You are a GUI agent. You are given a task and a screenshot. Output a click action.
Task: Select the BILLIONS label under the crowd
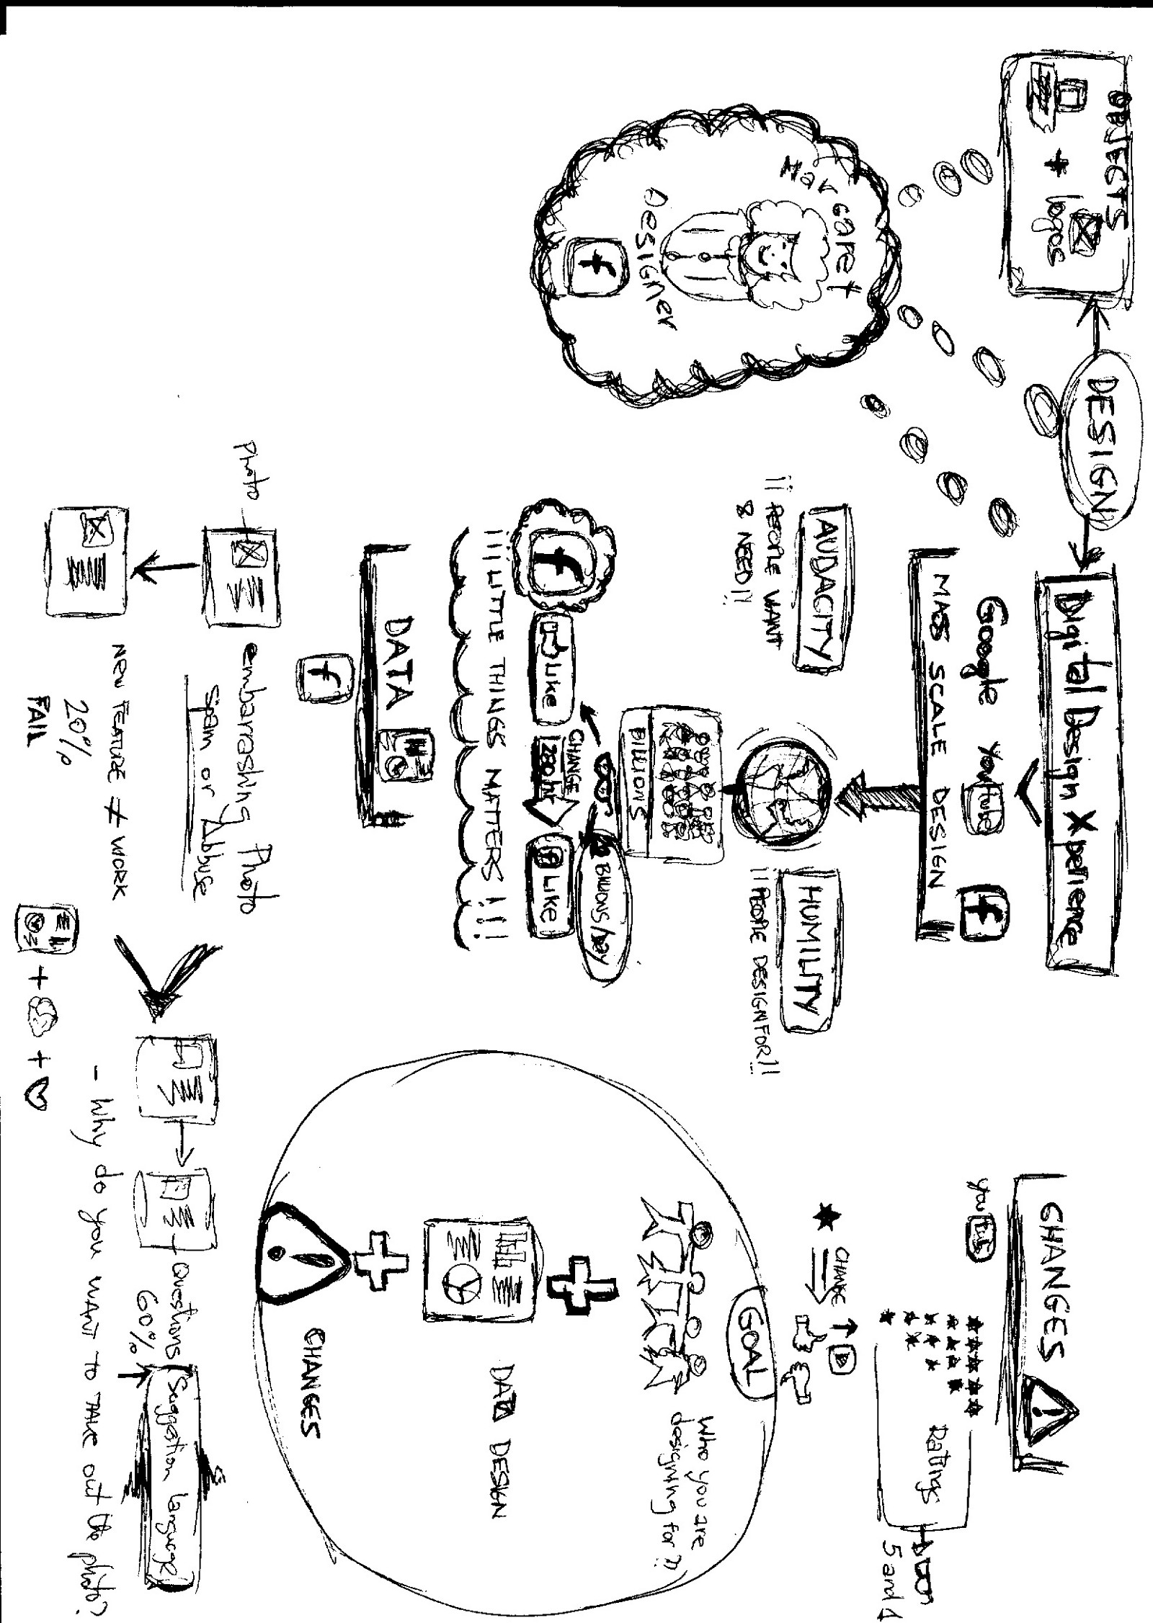pos(638,786)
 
